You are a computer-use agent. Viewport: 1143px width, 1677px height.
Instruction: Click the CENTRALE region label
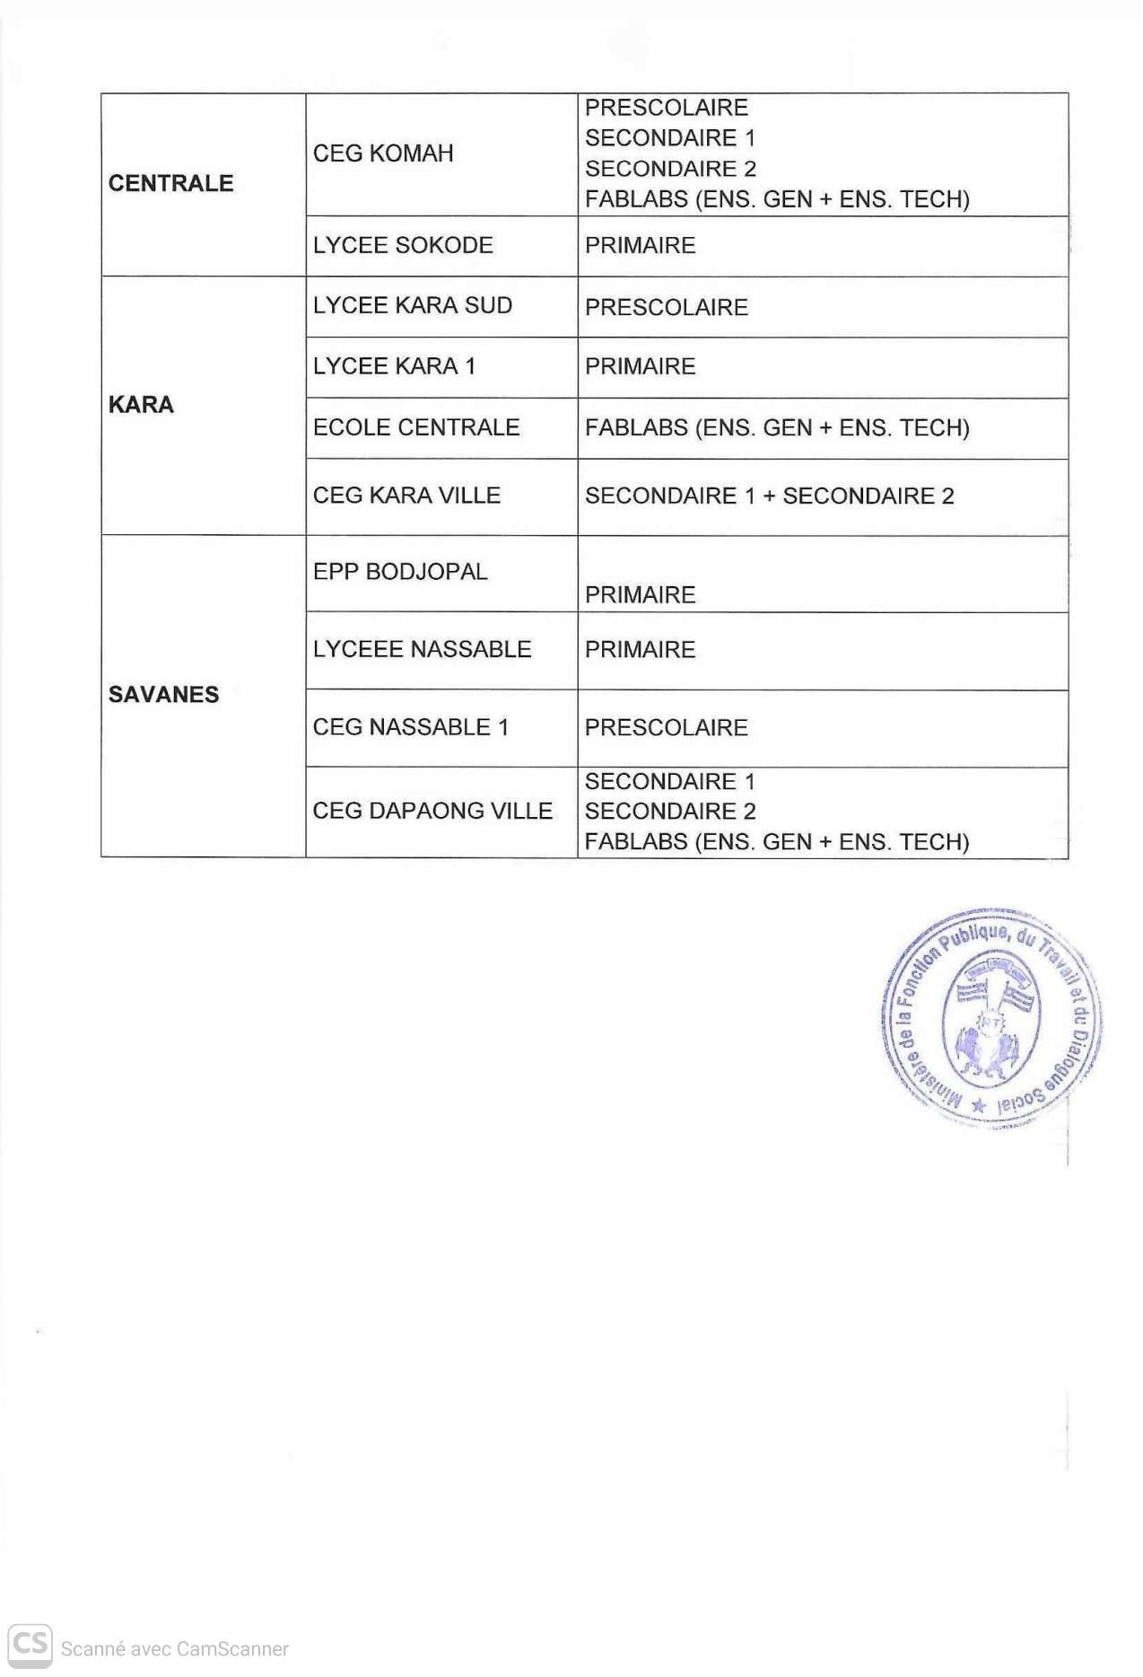(170, 183)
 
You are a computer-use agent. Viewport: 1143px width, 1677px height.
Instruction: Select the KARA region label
(141, 405)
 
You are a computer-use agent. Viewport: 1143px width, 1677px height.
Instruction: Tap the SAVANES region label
(163, 694)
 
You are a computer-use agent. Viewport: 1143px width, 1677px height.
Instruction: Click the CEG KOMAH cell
(383, 154)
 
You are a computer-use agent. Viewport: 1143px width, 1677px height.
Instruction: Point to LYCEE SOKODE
(403, 245)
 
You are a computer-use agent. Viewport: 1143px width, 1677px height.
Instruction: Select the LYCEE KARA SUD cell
(413, 305)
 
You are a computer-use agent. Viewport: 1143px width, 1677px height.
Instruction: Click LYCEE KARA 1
(394, 366)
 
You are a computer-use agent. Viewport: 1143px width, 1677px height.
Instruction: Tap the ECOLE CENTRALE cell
(416, 427)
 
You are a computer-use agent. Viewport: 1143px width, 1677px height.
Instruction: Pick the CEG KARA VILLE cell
(406, 496)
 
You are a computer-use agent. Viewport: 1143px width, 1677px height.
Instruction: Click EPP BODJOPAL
(400, 572)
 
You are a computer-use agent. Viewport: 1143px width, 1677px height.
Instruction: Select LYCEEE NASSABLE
(422, 649)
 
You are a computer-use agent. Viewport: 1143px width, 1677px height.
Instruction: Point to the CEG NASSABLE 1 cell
(411, 727)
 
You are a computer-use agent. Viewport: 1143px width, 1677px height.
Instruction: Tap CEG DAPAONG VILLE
(432, 811)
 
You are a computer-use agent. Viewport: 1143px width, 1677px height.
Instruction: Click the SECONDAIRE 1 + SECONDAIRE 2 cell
(769, 496)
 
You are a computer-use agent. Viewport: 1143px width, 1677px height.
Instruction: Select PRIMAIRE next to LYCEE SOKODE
(640, 245)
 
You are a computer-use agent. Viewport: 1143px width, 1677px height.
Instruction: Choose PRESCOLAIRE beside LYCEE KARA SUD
(666, 307)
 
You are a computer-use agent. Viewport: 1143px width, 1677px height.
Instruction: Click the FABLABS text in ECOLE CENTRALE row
(777, 427)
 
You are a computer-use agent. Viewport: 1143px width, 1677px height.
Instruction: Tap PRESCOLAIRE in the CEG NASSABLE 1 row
(666, 727)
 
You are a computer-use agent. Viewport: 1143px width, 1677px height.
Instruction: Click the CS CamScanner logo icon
(30, 1645)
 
